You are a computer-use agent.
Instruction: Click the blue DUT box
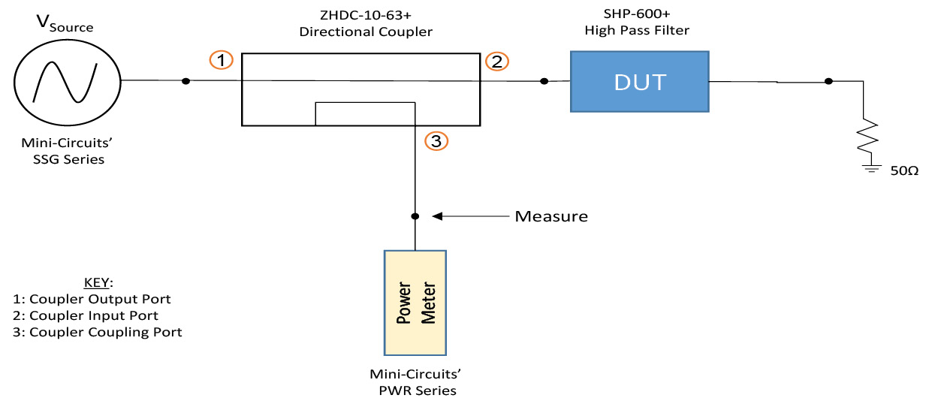(638, 82)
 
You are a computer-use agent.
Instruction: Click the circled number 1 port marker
(221, 60)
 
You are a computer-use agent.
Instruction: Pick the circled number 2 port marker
(496, 62)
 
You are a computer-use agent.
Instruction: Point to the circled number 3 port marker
(436, 140)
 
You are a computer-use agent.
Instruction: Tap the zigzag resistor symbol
(869, 136)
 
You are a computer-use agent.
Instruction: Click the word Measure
(550, 217)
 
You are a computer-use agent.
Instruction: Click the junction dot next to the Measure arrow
(415, 216)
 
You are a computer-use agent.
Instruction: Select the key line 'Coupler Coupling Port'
(98, 332)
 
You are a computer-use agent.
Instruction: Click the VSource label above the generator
(65, 23)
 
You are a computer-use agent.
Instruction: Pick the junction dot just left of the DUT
(544, 81)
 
